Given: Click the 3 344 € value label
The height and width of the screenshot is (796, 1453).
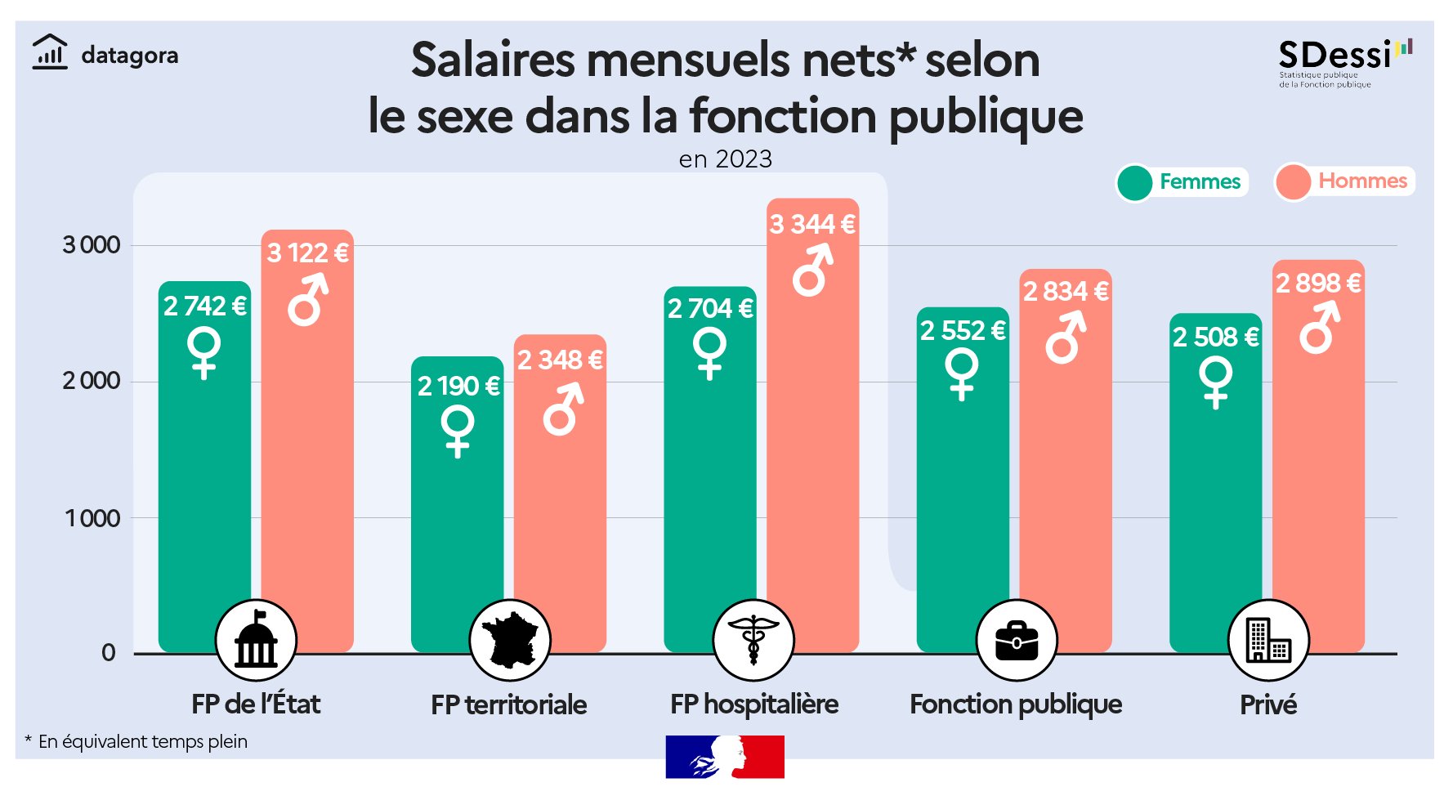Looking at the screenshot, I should [812, 224].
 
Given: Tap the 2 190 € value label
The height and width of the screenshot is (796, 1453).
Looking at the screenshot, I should [458, 386].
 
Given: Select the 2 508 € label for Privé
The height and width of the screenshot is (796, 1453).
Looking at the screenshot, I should [1215, 337].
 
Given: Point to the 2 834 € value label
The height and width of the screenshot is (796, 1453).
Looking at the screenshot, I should [1066, 291].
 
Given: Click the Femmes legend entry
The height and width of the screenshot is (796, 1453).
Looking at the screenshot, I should [1183, 181].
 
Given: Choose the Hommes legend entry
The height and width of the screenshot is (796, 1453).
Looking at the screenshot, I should [1344, 181].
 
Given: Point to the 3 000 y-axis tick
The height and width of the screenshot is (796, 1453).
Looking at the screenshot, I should [92, 245].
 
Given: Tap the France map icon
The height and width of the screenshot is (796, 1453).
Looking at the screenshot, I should [509, 640].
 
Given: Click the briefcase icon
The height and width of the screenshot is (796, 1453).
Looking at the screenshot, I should [1017, 640].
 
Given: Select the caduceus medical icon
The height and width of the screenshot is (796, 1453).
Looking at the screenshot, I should [753, 640].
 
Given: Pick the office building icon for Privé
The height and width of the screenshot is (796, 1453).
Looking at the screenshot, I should [1267, 640].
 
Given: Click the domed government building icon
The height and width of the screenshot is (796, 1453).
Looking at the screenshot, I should [256, 640].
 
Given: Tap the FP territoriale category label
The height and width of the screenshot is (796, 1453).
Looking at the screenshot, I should [508, 704].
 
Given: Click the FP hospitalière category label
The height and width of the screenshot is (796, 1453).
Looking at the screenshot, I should [753, 704].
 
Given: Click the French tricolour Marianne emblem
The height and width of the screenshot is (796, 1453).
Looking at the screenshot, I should [724, 757].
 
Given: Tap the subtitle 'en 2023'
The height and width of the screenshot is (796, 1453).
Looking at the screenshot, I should [726, 159].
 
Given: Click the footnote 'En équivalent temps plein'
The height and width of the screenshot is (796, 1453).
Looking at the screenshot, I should [142, 742].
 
